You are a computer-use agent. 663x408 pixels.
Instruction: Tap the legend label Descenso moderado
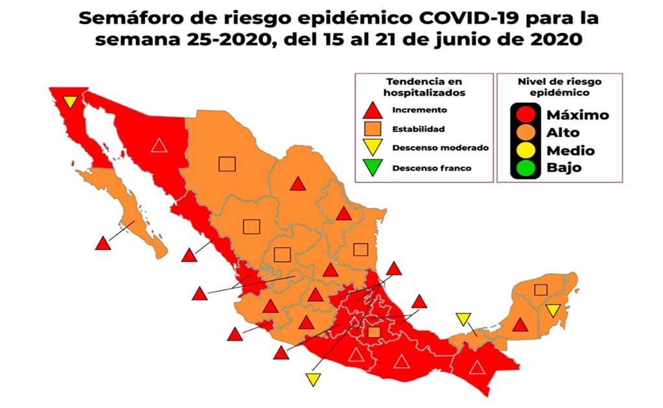[x=440, y=148]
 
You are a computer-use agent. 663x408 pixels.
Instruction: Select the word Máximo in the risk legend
[x=578, y=115]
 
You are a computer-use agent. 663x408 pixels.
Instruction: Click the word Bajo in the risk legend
[x=563, y=168]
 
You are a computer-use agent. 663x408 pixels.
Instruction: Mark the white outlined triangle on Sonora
[x=159, y=144]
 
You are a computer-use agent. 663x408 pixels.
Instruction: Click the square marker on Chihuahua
[x=227, y=164]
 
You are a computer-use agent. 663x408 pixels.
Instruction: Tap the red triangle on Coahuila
[x=297, y=184]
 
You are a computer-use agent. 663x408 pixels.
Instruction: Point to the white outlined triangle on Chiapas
[x=477, y=367]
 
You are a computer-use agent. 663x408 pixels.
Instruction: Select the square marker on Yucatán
[x=541, y=289]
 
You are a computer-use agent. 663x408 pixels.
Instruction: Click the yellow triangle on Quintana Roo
[x=553, y=310]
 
